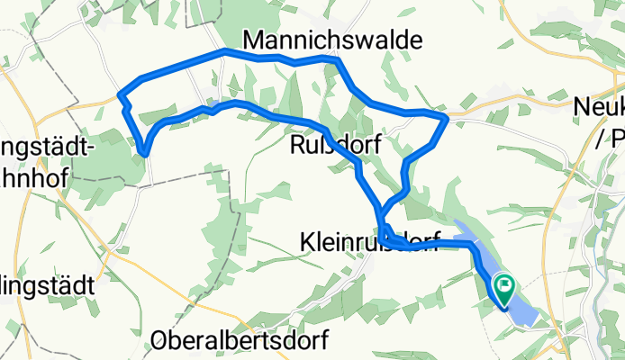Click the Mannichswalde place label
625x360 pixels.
pyautogui.click(x=332, y=39)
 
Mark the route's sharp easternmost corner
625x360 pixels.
pyautogui.click(x=448, y=117)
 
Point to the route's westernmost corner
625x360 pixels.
pyautogui.click(x=121, y=94)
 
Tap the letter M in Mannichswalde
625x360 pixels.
pyautogui.click(x=253, y=39)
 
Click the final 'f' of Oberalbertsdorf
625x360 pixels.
pyautogui.click(x=322, y=341)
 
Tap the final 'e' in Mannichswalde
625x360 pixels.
pyautogui.click(x=413, y=39)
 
